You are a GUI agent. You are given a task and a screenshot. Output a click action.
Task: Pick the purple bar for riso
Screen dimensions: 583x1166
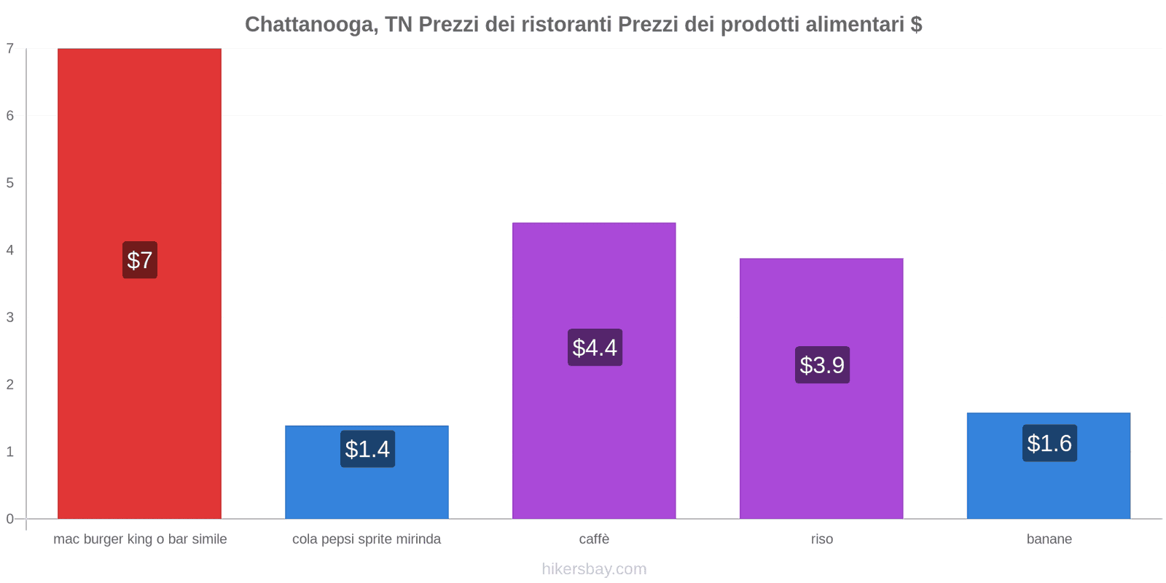821,306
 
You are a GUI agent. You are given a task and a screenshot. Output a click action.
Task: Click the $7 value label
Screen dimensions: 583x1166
140,260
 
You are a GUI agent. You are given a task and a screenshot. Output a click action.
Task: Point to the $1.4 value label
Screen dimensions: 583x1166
367,449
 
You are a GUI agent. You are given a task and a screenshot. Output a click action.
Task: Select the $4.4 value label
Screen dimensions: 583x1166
595,348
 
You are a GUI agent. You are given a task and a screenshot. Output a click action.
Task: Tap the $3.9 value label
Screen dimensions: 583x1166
822,365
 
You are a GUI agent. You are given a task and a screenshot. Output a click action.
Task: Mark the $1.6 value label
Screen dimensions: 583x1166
1049,443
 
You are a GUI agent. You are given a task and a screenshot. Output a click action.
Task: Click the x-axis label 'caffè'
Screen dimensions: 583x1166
594,539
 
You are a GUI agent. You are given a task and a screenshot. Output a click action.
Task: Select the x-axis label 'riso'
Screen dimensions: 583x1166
821,539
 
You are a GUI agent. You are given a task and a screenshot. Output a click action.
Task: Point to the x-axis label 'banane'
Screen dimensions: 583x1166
1049,539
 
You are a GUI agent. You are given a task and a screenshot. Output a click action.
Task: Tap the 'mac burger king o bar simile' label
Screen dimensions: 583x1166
140,539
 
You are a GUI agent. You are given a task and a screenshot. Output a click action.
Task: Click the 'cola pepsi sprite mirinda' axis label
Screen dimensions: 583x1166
367,539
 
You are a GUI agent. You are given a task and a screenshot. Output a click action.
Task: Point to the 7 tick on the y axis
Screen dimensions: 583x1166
10,49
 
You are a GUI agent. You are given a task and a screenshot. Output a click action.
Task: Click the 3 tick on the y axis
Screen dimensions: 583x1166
10,318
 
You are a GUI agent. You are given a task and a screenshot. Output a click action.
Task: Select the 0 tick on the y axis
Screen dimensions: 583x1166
10,519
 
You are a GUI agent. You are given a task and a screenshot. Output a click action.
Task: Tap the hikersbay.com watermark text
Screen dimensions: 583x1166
594,569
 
